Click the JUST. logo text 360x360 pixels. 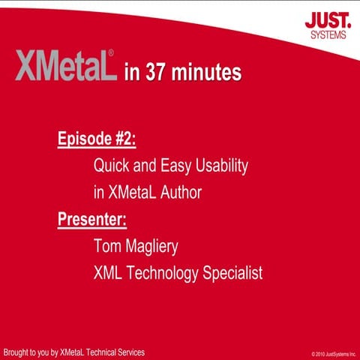point(325,19)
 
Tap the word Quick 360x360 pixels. point(110,166)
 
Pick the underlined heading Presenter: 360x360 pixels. point(92,220)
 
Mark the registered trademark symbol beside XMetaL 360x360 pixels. point(112,54)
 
